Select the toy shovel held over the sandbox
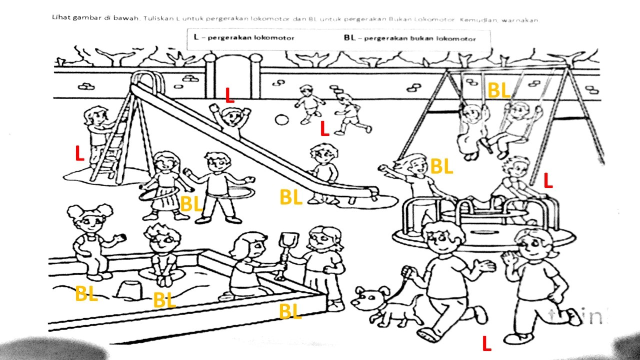[x=284, y=250]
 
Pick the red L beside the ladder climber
[x=79, y=154]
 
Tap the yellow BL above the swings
[x=498, y=91]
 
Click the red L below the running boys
[x=324, y=129]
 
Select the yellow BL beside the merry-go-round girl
[x=441, y=166]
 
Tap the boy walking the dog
[x=445, y=280]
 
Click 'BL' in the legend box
[x=349, y=38]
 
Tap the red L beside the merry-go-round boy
[x=548, y=180]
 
